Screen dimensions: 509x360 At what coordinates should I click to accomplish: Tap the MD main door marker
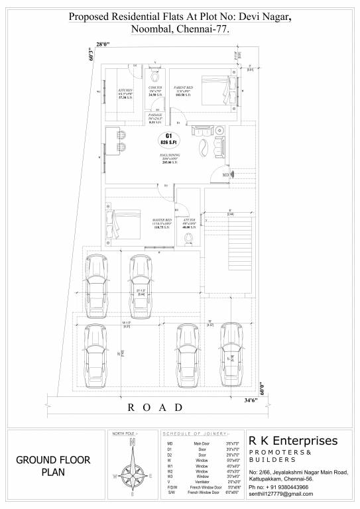click(225, 175)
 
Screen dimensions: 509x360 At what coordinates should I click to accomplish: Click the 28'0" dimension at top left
click(102, 44)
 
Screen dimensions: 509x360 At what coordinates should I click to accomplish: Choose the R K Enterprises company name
click(292, 441)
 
